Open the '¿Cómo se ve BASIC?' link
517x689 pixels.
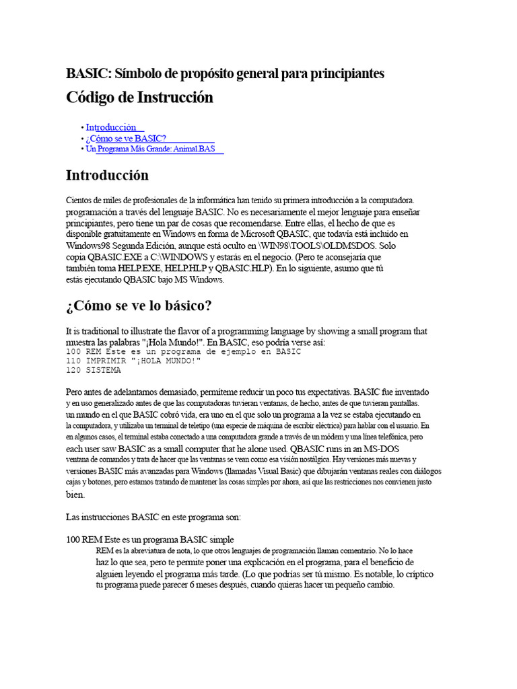[126, 138]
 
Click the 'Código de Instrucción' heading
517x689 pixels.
[139, 98]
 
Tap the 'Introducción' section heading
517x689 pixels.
[107, 176]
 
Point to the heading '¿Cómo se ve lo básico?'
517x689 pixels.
[139, 305]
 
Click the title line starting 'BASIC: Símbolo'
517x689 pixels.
[225, 73]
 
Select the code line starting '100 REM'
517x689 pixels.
[183, 352]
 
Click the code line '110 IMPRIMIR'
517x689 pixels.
[133, 361]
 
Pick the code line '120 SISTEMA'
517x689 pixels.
[94, 370]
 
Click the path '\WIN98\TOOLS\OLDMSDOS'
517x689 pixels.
[316, 245]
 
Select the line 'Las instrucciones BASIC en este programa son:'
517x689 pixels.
[149, 517]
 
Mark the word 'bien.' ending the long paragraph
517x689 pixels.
[75, 495]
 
